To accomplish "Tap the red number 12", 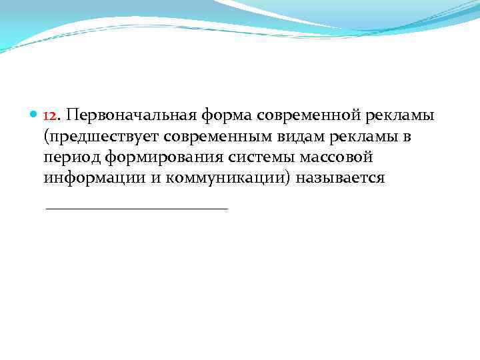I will pyautogui.click(x=50, y=116).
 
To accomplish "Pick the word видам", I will pyautogui.click(x=306, y=137).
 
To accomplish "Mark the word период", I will pyautogui.click(x=68, y=159).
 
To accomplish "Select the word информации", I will pyautogui.click(x=90, y=180).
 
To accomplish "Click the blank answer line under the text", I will pyautogui.click(x=136, y=209).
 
